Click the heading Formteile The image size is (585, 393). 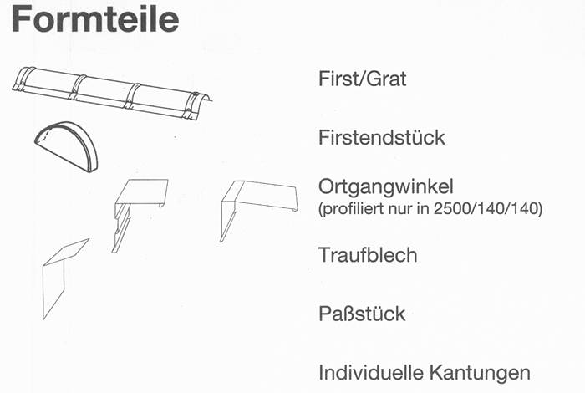(x=95, y=19)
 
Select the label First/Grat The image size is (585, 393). (x=362, y=79)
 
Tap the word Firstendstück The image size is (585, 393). (x=382, y=137)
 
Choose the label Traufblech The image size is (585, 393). (x=368, y=255)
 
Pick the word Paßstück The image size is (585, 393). (x=362, y=314)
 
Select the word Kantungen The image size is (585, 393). (x=480, y=374)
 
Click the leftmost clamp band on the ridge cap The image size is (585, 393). (x=23, y=79)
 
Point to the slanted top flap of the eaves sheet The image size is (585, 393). (x=67, y=252)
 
